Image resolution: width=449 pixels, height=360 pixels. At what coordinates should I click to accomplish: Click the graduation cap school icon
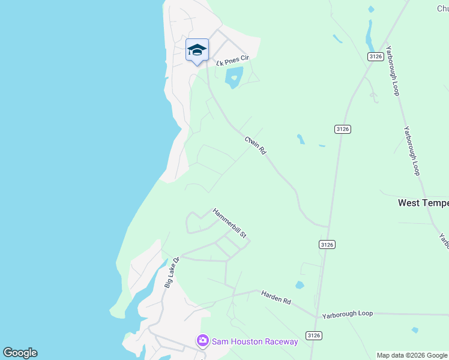pos(197,50)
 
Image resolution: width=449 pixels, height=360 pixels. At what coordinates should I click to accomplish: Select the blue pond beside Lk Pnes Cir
pos(234,77)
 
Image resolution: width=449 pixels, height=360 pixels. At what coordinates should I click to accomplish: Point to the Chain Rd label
pos(255,145)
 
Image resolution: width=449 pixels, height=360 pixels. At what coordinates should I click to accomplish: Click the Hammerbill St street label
pos(229,223)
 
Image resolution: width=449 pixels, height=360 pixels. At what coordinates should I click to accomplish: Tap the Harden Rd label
pos(276,297)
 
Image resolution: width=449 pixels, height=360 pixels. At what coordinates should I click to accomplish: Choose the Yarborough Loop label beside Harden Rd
pos(348,314)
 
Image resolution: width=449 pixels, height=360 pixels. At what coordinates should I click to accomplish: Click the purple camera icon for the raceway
pos(203,341)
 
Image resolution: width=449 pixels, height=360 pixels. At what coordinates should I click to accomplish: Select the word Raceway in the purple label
pos(278,341)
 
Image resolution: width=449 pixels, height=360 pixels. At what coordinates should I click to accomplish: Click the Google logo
pos(20,353)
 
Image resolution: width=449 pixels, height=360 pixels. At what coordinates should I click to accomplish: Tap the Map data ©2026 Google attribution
pos(412,355)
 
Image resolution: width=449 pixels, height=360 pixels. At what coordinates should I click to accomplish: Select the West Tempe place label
pos(423,203)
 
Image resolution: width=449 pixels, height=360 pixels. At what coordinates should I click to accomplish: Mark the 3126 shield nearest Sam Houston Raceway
pos(313,335)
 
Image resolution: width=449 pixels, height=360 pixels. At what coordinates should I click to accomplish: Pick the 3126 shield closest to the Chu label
pos(376,56)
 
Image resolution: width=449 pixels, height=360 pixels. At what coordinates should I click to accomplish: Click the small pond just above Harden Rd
pos(300,285)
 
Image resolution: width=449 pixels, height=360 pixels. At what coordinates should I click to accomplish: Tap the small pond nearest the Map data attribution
pos(415,330)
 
